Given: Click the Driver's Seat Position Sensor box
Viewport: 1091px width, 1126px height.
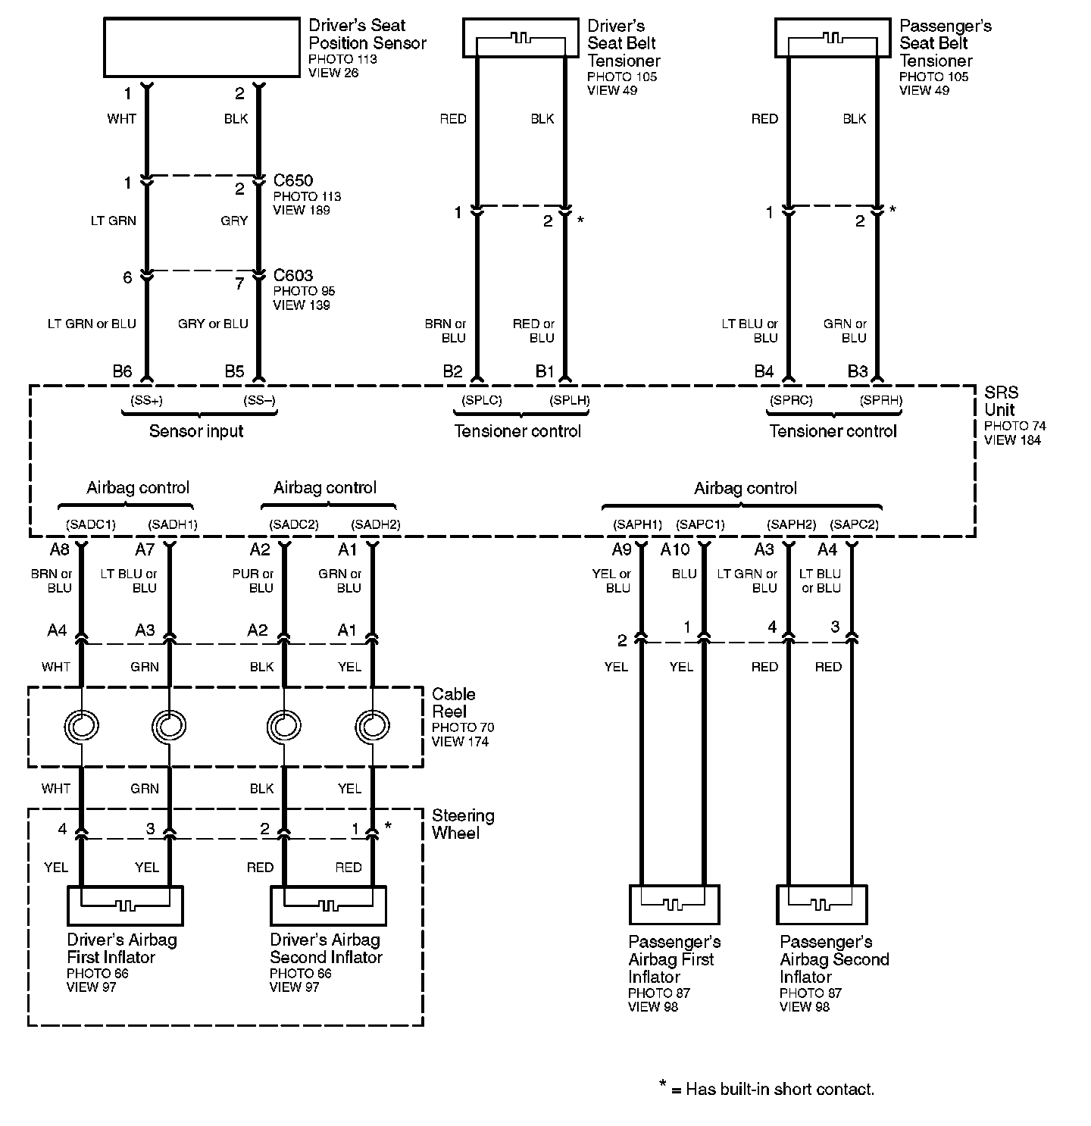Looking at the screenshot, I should pyautogui.click(x=202, y=48).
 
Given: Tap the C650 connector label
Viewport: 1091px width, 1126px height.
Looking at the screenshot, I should pyautogui.click(x=293, y=181).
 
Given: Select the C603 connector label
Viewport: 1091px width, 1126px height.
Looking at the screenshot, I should pyautogui.click(x=293, y=276).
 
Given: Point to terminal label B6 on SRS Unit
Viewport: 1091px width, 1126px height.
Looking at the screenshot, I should pyautogui.click(x=122, y=371).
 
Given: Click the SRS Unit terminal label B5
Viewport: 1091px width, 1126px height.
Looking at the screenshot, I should pyautogui.click(x=234, y=371).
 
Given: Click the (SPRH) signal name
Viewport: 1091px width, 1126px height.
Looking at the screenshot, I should pyautogui.click(x=881, y=400).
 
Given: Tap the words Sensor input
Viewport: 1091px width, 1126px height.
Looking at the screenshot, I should pyautogui.click(x=196, y=431).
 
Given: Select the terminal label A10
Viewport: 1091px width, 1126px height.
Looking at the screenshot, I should pyautogui.click(x=676, y=549).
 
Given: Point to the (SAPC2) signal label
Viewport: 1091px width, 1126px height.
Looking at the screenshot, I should pyautogui.click(x=854, y=524).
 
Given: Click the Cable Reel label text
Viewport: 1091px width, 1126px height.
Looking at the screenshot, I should pyautogui.click(x=454, y=702).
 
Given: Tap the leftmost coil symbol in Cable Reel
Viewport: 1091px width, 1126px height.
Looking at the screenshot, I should pyautogui.click(x=81, y=727).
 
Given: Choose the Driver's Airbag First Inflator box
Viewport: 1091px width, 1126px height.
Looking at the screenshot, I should pyautogui.click(x=125, y=905).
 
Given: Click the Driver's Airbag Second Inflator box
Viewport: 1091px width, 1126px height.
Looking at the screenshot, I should pyautogui.click(x=328, y=905).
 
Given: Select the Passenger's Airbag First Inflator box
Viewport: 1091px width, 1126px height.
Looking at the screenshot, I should pyautogui.click(x=674, y=905).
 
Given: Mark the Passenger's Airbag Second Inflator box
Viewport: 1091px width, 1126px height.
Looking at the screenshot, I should pyautogui.click(x=821, y=905).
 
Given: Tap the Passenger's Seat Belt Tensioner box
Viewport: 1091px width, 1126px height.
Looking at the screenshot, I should pyautogui.click(x=833, y=38).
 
